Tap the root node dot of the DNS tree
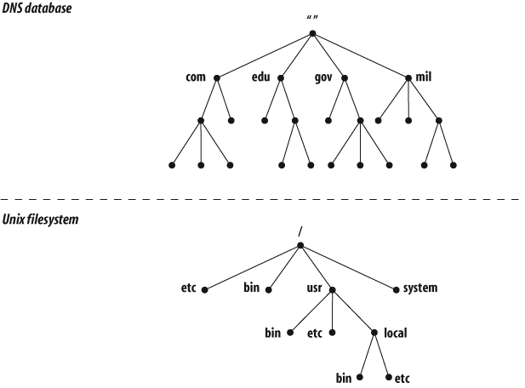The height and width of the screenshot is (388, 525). tap(312, 34)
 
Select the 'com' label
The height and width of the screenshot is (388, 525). tap(196, 77)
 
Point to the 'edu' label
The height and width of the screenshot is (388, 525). tap(261, 77)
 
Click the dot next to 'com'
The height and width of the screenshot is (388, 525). tap(217, 77)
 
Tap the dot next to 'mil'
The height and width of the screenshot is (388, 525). tap(408, 77)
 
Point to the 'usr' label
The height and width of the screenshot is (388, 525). tap(314, 288)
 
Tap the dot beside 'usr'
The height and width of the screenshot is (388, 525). tap(332, 289)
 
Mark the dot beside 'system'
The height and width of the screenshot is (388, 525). tap(397, 289)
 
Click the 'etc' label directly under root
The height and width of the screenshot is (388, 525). tap(188, 288)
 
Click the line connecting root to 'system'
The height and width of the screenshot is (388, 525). tap(349, 268)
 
